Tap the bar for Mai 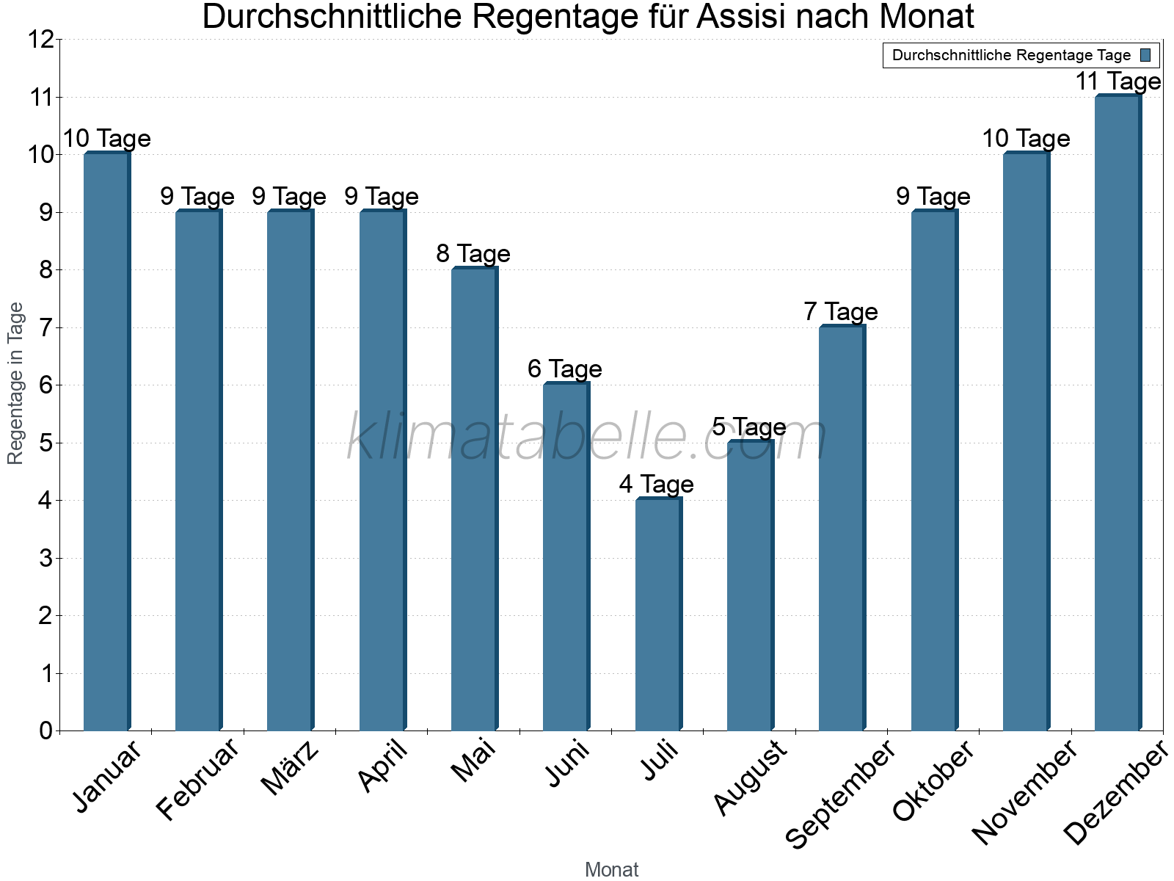(474, 499)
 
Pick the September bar (842, 529)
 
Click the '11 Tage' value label (1118, 81)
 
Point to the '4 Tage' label (656, 485)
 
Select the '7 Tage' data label (841, 312)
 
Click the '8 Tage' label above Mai (473, 254)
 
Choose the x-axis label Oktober (933, 781)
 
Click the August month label (750, 778)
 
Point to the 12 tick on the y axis (42, 40)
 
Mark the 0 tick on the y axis (45, 730)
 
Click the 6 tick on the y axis (45, 385)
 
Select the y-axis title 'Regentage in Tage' (15, 383)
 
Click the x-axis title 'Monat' (611, 869)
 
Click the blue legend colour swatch (1145, 55)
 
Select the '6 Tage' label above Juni (565, 369)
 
